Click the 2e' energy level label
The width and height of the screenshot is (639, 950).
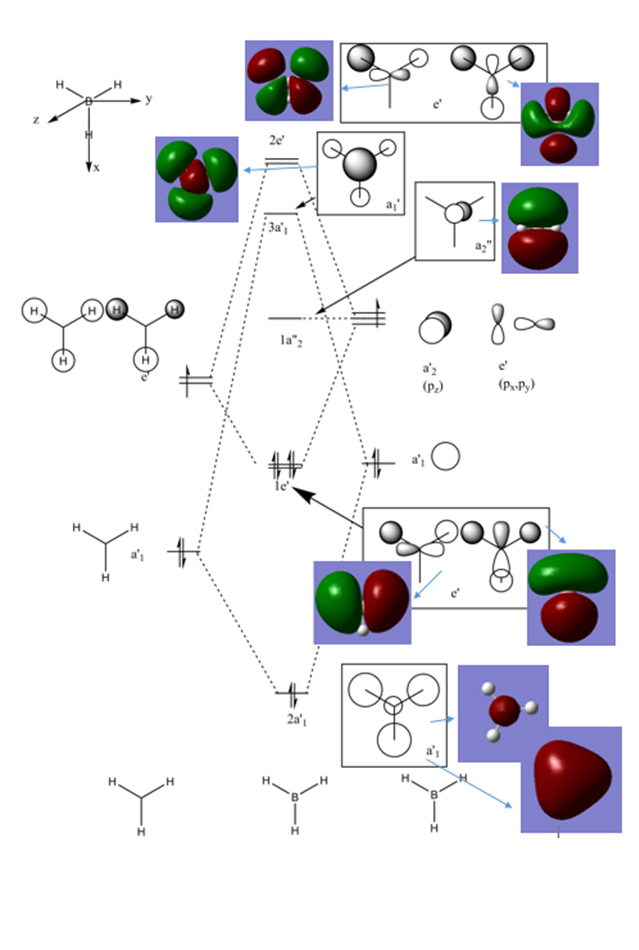[x=276, y=141]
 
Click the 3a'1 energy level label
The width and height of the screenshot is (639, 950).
[x=278, y=228]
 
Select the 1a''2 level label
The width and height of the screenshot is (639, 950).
[x=291, y=341]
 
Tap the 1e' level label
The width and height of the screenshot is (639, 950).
[x=282, y=486]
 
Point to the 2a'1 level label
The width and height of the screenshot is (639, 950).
[x=297, y=719]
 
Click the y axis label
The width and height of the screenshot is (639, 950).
[x=149, y=99]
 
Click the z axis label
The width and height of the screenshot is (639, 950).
[x=37, y=120]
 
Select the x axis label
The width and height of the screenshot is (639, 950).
[x=96, y=168]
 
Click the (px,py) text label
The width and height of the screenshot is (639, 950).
[x=516, y=385]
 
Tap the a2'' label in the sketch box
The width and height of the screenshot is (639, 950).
[x=483, y=247]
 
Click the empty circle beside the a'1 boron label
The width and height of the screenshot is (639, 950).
[x=445, y=457]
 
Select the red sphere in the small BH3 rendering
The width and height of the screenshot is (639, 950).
[x=505, y=710]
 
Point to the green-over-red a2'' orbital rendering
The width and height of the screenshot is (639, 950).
[x=539, y=228]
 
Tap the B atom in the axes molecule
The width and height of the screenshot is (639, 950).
[x=88, y=101]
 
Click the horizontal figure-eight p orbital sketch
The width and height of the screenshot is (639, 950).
[x=534, y=324]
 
